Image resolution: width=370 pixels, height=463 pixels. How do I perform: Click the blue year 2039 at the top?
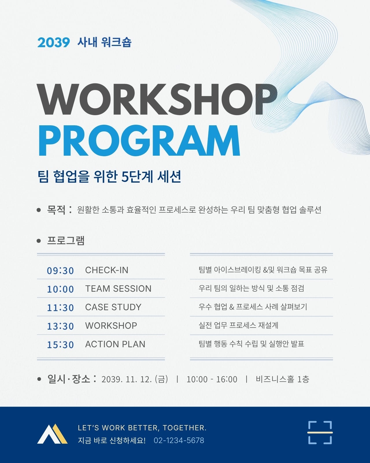(53, 42)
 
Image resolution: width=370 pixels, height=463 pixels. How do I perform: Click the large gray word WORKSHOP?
(157, 100)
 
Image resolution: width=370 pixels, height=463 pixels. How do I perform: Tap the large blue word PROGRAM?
(139, 141)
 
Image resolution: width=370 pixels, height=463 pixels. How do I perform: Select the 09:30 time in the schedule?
(60, 271)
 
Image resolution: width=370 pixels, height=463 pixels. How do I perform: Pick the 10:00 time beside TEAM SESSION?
(60, 289)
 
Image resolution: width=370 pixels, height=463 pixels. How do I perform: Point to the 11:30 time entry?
(60, 307)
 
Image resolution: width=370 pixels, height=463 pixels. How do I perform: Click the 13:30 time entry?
(60, 326)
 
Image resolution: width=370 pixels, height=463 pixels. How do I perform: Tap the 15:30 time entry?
(60, 344)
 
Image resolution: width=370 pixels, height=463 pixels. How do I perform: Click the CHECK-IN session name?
(107, 270)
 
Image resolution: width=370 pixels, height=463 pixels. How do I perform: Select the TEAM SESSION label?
(118, 289)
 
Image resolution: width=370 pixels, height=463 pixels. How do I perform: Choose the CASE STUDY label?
(113, 307)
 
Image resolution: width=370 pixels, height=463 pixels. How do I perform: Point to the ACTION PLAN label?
(115, 344)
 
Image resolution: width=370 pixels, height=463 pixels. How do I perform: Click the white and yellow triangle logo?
(52, 434)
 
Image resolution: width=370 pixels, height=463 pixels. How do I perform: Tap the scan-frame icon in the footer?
(320, 432)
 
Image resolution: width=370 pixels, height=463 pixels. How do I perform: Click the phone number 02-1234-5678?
(179, 440)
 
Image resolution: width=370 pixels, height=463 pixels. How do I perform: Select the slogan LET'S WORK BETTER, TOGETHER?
(142, 428)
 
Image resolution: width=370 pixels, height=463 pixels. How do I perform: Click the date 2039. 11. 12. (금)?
(135, 379)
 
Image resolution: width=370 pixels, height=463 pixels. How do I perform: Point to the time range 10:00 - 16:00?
(212, 379)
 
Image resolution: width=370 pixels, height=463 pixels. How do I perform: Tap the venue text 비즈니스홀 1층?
(282, 379)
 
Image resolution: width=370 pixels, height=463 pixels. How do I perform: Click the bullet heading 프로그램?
(66, 240)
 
